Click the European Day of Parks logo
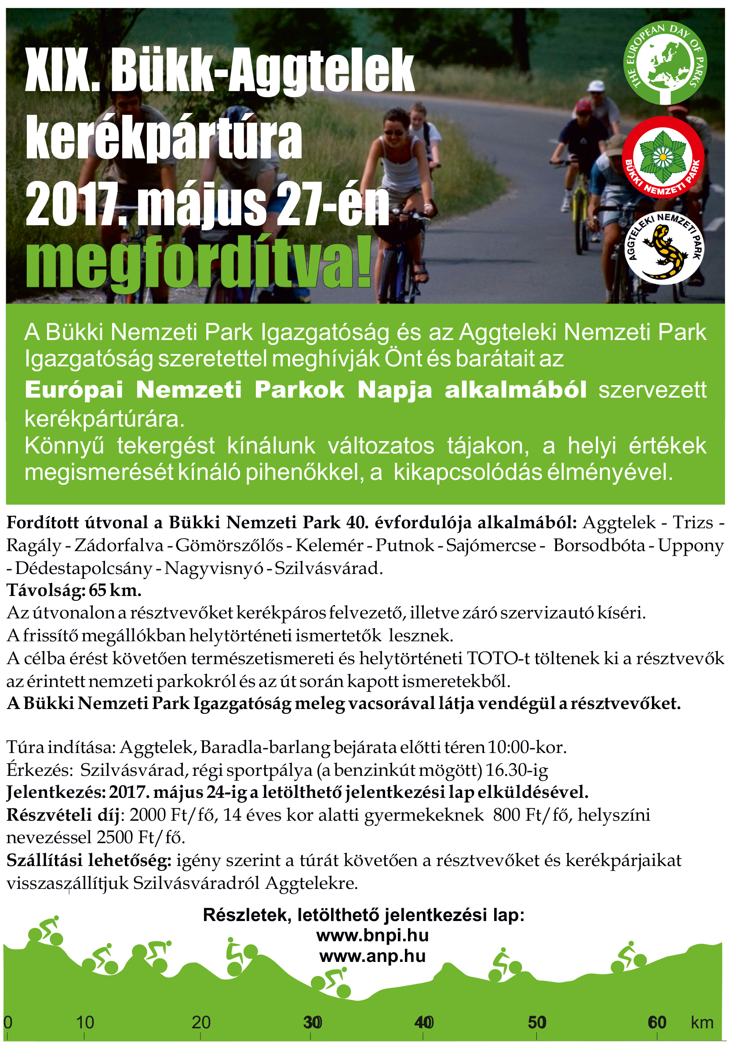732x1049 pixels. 665,62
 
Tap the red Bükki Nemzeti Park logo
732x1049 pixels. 663,157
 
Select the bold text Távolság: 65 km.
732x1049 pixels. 74,590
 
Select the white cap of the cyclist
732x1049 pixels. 596,86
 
